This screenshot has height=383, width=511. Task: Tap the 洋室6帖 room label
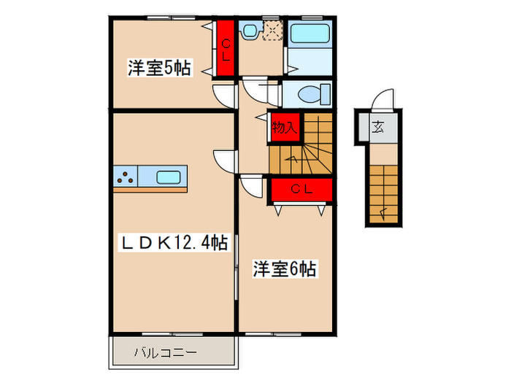coord(284,269)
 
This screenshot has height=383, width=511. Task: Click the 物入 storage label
coord(284,128)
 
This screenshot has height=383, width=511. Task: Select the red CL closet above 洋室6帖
coord(301,190)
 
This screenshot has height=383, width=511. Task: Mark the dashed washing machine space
coord(274,30)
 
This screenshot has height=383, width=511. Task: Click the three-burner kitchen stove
coord(124,176)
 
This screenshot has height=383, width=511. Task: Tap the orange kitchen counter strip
coord(150,189)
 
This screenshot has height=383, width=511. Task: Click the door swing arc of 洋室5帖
coord(223,96)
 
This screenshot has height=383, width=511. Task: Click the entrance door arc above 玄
coord(384,99)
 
